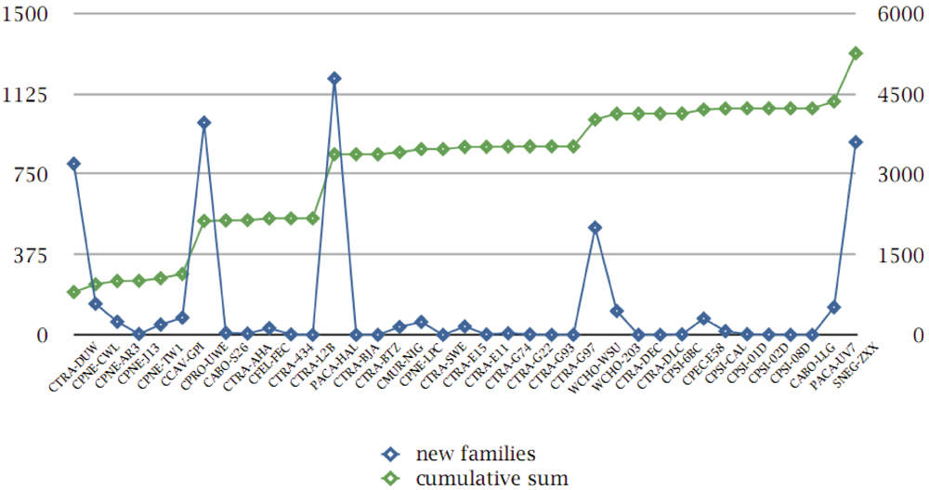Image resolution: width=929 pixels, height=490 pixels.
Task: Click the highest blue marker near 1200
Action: click(334, 78)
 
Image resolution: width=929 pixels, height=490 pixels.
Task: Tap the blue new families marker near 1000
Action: click(203, 123)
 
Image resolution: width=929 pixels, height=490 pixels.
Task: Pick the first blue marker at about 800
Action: click(73, 164)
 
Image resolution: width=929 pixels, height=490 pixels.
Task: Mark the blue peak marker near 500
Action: click(595, 228)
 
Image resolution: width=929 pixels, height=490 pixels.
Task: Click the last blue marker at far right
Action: click(856, 142)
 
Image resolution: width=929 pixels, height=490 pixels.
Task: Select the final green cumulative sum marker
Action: click(856, 53)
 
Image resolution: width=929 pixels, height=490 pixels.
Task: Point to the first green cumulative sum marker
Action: click(73, 292)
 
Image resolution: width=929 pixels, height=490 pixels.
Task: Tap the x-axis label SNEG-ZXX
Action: click(860, 358)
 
